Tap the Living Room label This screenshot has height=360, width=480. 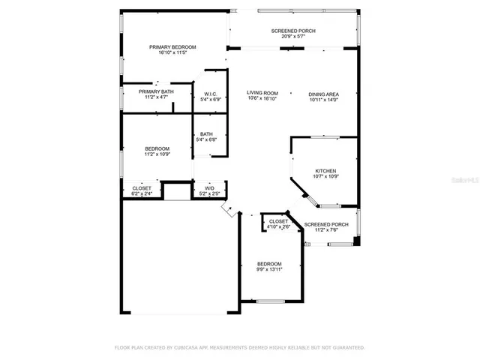pos(262,93)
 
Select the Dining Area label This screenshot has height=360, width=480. pos(323,94)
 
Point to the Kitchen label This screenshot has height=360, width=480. pos(325,170)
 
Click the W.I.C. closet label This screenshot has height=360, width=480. pos(210,94)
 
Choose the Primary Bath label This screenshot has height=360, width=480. pos(156,91)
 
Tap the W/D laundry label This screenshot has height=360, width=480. pos(209,188)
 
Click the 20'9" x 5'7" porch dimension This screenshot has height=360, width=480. pos(293,36)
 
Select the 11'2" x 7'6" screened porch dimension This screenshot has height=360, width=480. pos(325,230)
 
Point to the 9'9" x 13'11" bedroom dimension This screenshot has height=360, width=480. pos(269,270)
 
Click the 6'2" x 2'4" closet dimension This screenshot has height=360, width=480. pos(141,194)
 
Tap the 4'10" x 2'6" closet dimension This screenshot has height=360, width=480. pos(277,227)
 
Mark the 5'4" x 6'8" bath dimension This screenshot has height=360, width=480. pos(205,139)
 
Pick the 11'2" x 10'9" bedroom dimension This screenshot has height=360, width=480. pos(157,154)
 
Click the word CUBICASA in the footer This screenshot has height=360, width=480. pos(191,348)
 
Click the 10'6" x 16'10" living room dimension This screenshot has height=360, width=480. pos(262,99)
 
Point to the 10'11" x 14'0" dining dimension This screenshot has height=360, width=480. pos(323,100)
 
